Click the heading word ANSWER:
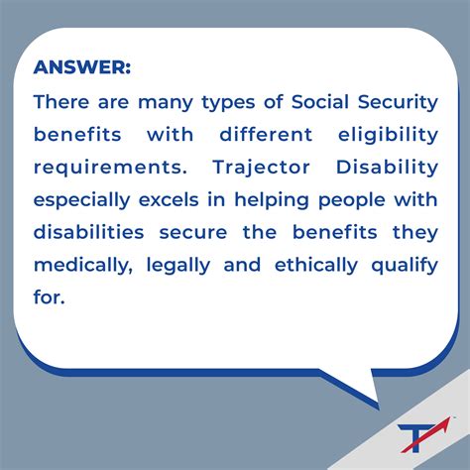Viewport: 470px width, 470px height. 81,68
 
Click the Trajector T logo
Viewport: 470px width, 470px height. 421,436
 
